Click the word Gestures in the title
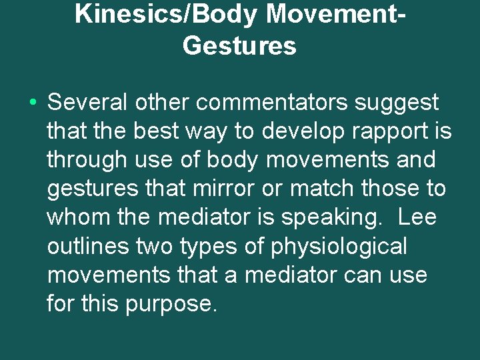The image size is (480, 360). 239,45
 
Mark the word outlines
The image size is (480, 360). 88,247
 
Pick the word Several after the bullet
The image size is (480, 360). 88,103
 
